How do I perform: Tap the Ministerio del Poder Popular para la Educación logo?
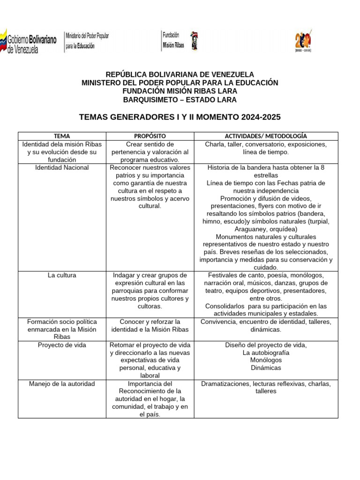click(87, 41)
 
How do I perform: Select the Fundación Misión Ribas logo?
click(180, 41)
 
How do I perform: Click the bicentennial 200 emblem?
click(303, 41)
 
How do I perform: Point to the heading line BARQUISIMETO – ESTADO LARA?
click(180, 100)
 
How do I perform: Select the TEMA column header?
click(62, 136)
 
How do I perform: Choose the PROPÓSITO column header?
click(150, 136)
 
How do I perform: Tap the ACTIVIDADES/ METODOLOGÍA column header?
click(266, 136)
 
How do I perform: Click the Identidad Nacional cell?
click(62, 167)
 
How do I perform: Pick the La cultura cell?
click(62, 275)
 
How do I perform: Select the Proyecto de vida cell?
click(62, 345)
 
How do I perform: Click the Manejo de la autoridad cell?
click(62, 384)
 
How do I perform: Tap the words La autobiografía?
click(266, 352)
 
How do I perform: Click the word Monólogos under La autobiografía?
click(266, 360)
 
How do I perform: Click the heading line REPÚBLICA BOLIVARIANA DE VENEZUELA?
click(180, 75)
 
